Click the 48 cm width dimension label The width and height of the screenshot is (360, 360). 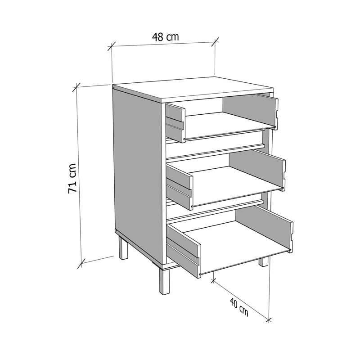tap(165, 37)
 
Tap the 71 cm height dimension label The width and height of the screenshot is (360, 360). tap(72, 178)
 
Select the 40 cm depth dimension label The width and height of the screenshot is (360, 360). tap(239, 307)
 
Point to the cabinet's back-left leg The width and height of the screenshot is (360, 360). tap(123, 248)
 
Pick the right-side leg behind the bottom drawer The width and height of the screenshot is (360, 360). tap(263, 261)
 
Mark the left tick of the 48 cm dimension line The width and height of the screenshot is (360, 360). tap(112, 47)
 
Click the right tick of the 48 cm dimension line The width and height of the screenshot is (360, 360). tap(215, 42)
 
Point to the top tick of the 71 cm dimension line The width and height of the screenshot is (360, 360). tap(76, 87)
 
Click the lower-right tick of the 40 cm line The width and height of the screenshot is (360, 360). tap(269, 320)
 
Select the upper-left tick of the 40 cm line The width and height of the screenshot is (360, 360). tap(213, 280)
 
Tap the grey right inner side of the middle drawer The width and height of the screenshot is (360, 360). tap(256, 169)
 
